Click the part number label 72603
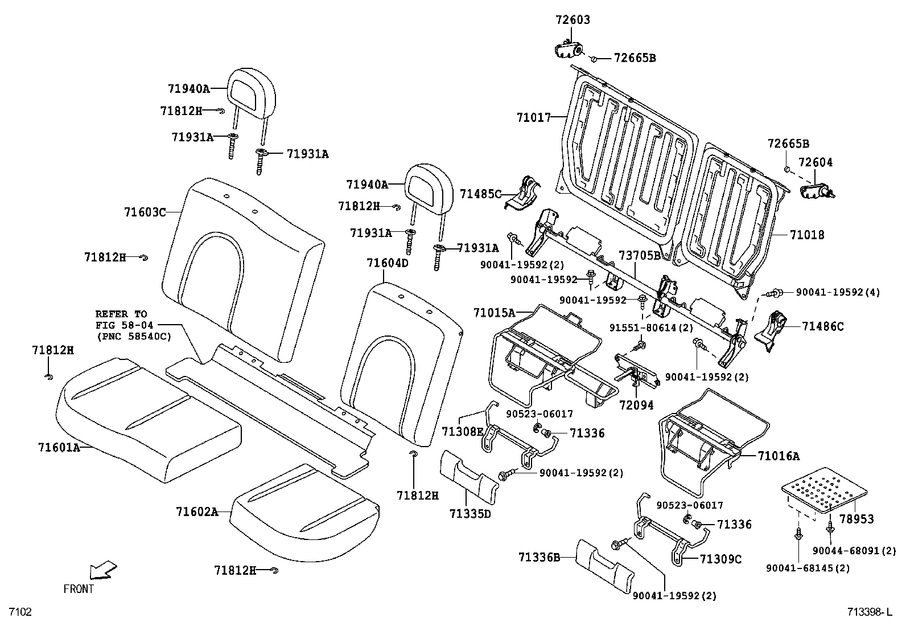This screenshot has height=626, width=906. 573,19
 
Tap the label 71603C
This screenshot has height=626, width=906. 145,212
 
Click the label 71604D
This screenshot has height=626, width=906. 388,263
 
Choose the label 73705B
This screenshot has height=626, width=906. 640,256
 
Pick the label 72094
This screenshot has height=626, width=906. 636,405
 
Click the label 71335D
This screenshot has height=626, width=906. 470,514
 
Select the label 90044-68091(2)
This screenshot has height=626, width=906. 854,550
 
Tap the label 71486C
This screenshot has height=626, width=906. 823,326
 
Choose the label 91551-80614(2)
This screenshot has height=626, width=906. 651,328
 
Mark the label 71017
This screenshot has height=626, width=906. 534,118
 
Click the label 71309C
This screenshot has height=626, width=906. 720,559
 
